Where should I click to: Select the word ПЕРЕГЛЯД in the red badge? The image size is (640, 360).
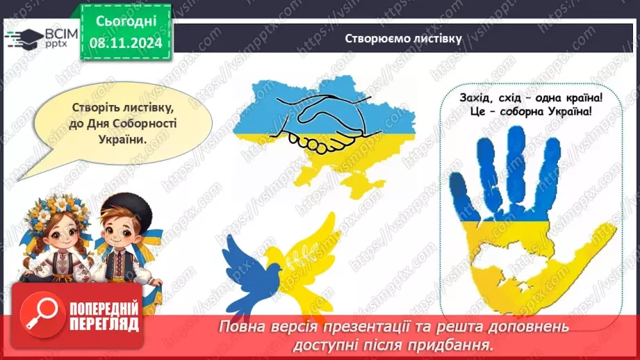click(x=104, y=324)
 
